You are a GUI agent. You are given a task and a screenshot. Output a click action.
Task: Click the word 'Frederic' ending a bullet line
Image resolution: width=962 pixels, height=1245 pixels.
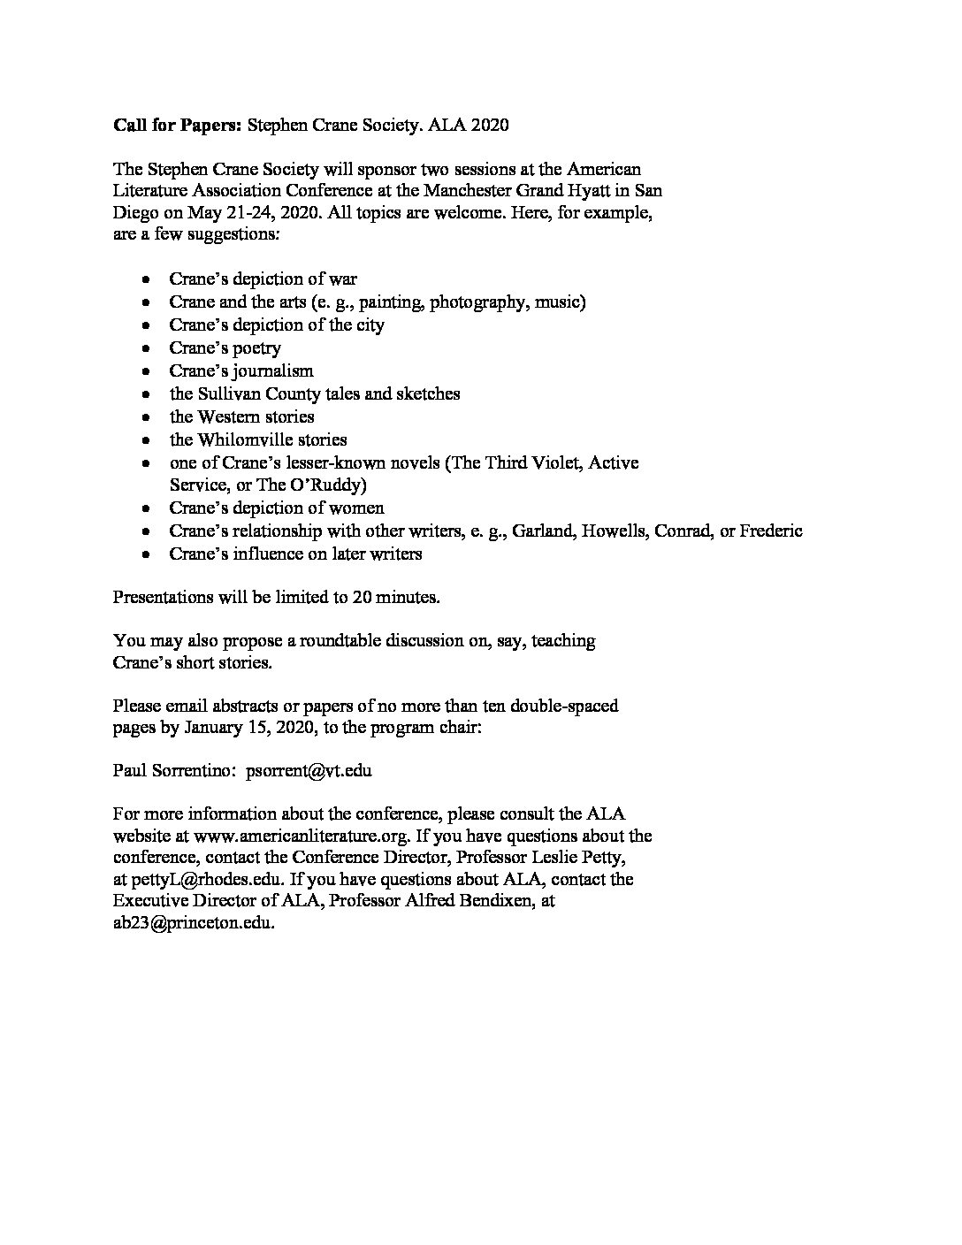click(771, 531)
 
